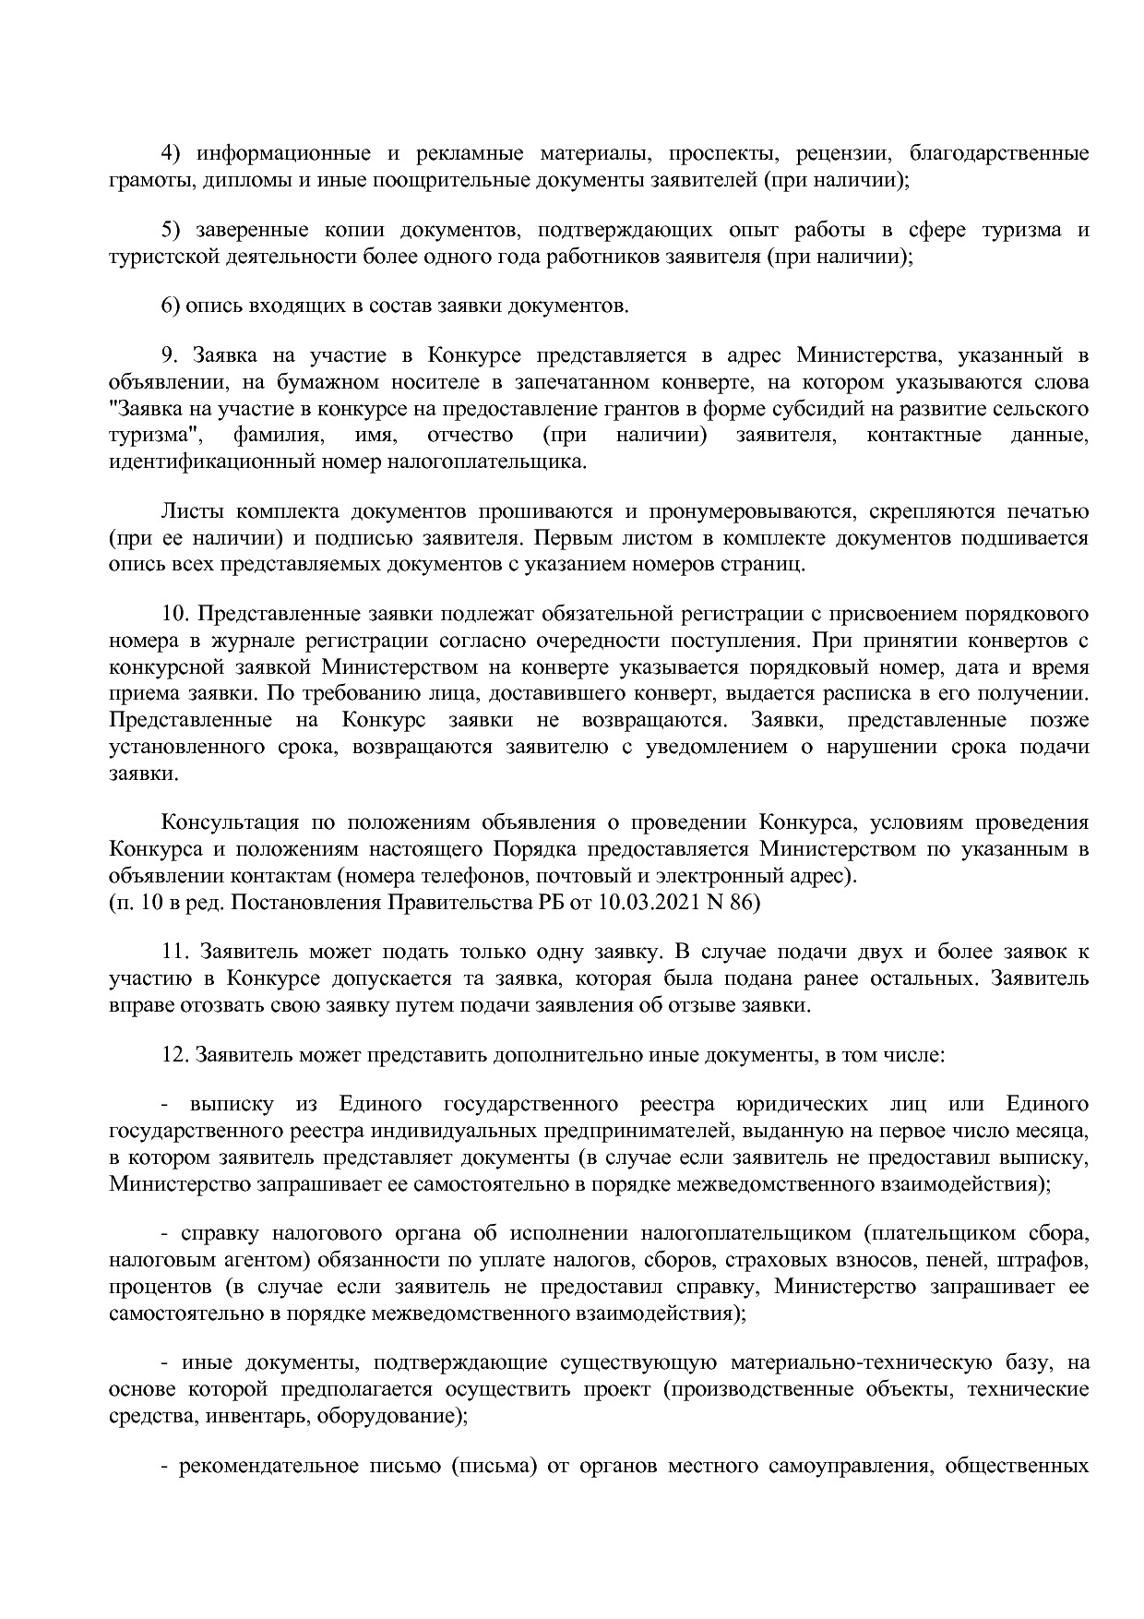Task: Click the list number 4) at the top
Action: click(171, 153)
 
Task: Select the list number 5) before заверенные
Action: click(171, 230)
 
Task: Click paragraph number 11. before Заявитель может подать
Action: click(174, 952)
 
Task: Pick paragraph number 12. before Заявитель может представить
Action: click(174, 1054)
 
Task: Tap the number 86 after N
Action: click(744, 902)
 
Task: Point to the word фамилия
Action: click(277, 435)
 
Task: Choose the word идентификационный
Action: click(209, 462)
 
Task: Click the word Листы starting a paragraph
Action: click(191, 511)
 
